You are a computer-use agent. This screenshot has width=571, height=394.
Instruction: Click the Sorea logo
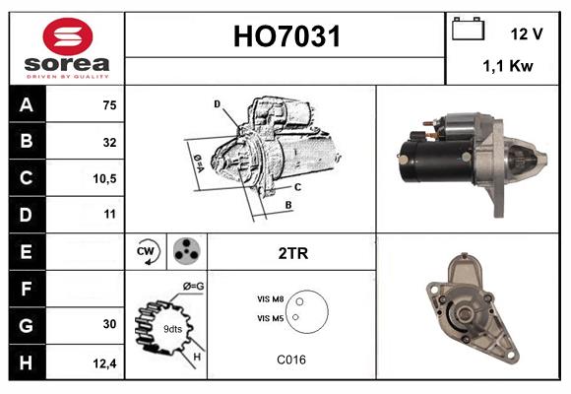67,48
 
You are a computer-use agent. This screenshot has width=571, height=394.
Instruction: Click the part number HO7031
285,37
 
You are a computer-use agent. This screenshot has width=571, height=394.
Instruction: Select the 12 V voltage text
527,33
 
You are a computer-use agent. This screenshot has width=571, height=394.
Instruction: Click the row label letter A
26,104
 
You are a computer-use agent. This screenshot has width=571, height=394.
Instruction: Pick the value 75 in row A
109,105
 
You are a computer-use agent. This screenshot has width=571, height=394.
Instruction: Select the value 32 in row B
109,142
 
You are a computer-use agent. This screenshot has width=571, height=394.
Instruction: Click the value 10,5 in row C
104,178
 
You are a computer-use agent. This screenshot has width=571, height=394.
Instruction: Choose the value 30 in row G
109,324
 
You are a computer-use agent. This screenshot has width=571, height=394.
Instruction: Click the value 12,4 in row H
104,361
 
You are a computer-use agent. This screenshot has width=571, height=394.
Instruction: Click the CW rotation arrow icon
147,252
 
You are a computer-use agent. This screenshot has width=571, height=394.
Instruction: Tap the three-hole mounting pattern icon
186,252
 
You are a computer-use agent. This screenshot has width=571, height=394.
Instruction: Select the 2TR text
291,253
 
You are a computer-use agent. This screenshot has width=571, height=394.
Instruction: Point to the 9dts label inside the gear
171,328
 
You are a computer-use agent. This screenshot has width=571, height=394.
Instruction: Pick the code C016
291,360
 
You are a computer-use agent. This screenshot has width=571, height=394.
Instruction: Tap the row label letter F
26,289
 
